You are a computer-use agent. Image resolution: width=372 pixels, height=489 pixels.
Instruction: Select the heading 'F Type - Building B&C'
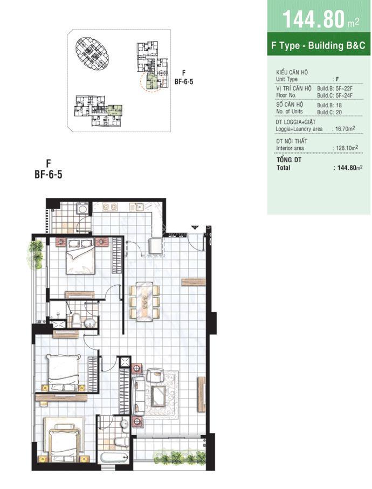click(x=318, y=46)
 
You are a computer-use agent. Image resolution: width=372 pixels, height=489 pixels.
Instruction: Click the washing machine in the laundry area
click(x=82, y=209)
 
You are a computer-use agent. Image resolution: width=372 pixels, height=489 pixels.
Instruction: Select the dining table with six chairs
click(x=144, y=302)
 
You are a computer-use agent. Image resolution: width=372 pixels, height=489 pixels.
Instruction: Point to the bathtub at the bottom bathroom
click(x=113, y=458)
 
